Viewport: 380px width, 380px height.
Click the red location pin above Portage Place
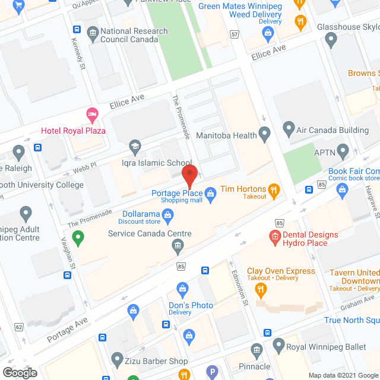coord(189,175)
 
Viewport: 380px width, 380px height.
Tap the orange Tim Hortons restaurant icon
coord(273,190)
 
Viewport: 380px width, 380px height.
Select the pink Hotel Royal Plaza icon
coord(92,113)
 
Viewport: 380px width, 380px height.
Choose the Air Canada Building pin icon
coord(289,127)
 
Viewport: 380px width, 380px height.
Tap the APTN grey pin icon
coord(342,150)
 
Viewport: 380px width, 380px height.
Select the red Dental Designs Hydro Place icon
coord(274,239)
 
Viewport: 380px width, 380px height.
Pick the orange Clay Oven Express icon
coord(260,290)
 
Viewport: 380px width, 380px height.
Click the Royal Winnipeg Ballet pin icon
coord(278,344)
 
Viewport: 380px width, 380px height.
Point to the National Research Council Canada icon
coord(92,32)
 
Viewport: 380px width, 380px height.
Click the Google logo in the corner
coord(20,372)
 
